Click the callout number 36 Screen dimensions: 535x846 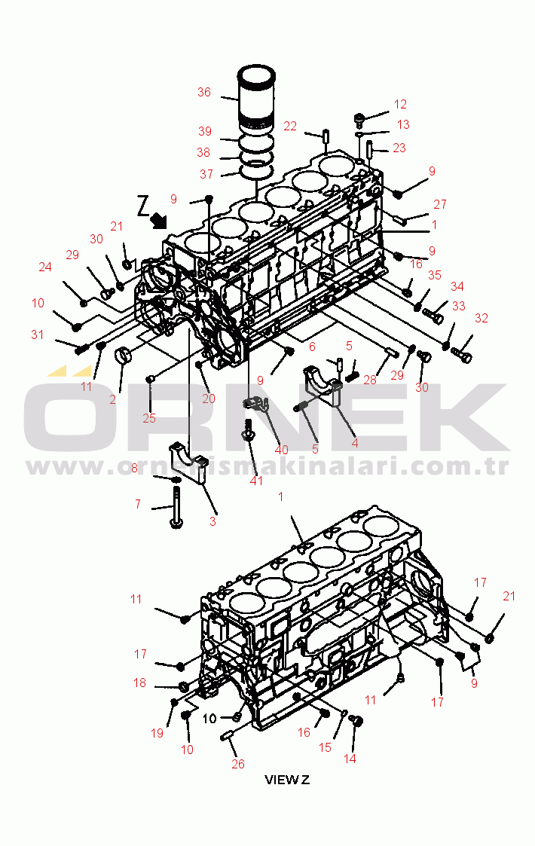[x=204, y=92]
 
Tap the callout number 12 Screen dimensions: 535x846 [x=400, y=104]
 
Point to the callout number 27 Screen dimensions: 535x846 [x=440, y=204]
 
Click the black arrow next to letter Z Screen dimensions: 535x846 [x=159, y=219]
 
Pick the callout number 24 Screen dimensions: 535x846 [x=45, y=267]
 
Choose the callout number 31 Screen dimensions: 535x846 [x=37, y=334]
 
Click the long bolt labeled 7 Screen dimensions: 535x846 [x=176, y=507]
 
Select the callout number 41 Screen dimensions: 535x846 [x=256, y=481]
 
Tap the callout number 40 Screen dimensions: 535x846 [x=281, y=450]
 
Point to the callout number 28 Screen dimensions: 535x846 [x=370, y=380]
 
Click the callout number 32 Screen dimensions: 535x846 [x=481, y=319]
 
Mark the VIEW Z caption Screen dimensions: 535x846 [x=286, y=780]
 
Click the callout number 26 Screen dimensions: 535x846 [x=238, y=764]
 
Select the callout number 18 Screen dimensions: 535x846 [x=140, y=683]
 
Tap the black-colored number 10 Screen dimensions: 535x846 [x=209, y=718]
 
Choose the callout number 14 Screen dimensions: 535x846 [x=350, y=759]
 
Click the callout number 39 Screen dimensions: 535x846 [x=205, y=131]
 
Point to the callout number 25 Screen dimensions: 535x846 [x=149, y=418]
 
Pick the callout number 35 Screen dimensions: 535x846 [x=435, y=275]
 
